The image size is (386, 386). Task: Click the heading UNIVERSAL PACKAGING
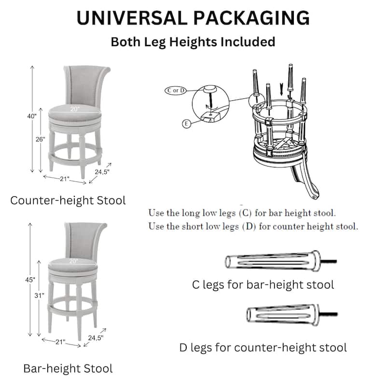click(193, 18)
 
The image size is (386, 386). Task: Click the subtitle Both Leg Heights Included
click(193, 41)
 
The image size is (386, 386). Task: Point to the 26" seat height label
click(40, 139)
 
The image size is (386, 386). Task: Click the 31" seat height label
click(40, 295)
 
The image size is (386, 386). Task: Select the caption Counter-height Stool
click(68, 200)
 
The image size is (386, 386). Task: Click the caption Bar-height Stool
click(68, 369)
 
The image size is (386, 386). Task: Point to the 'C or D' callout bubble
click(176, 90)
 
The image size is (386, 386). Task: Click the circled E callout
click(186, 124)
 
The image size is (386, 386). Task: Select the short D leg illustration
click(285, 314)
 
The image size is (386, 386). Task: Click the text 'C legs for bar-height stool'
click(263, 285)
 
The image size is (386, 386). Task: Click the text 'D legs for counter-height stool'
click(263, 347)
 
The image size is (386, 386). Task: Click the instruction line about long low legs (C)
click(242, 213)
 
